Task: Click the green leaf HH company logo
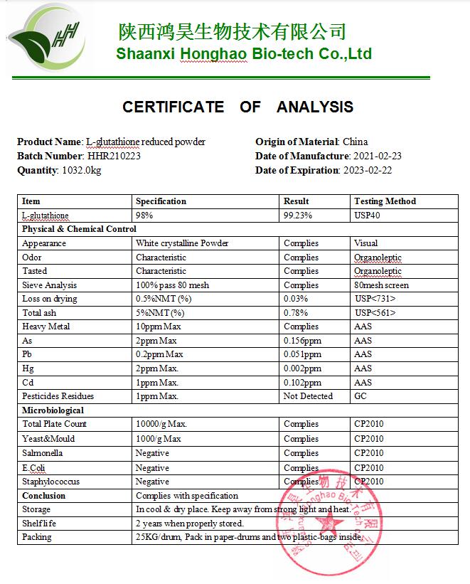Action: pos(45,43)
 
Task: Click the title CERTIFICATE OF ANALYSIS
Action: pos(237,107)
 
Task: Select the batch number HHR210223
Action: pos(114,156)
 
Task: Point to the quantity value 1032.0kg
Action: pos(81,170)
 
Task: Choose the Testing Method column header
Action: pos(385,201)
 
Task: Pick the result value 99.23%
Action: pos(299,215)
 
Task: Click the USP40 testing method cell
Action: pos(368,215)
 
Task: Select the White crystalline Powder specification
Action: pos(182,243)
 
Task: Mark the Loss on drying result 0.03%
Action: pos(296,299)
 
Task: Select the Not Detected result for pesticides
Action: pos(308,396)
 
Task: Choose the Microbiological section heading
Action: pos(53,410)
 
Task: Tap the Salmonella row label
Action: pos(42,453)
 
